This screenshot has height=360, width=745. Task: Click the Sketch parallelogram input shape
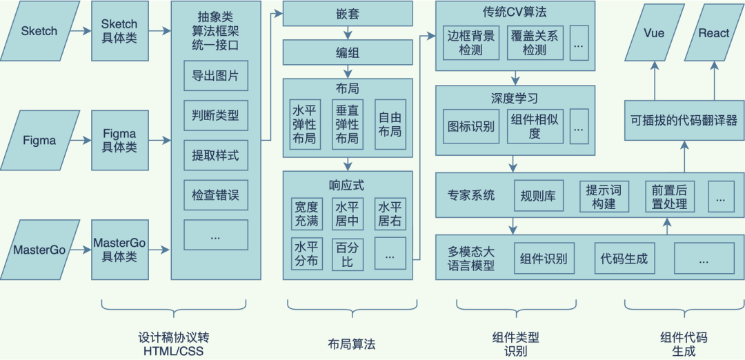[39, 31]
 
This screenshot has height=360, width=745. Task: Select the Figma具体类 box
[119, 140]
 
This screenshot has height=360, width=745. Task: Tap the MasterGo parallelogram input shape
[39, 250]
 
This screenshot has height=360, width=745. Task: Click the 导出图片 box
[215, 76]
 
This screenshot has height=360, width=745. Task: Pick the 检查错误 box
[215, 195]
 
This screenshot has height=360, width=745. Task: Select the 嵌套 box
[348, 13]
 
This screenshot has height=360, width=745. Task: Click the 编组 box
[348, 52]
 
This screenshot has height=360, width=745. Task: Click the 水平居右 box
[390, 214]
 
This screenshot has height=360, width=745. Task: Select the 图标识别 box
[471, 126]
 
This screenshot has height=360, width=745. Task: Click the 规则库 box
[539, 196]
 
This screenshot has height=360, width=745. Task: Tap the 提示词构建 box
[604, 196]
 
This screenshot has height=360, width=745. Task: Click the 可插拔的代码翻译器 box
[684, 119]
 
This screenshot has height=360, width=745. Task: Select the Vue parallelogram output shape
[654, 32]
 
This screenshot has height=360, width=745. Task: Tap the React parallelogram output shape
[713, 32]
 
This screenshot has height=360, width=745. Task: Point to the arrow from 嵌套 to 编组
[348, 32]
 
